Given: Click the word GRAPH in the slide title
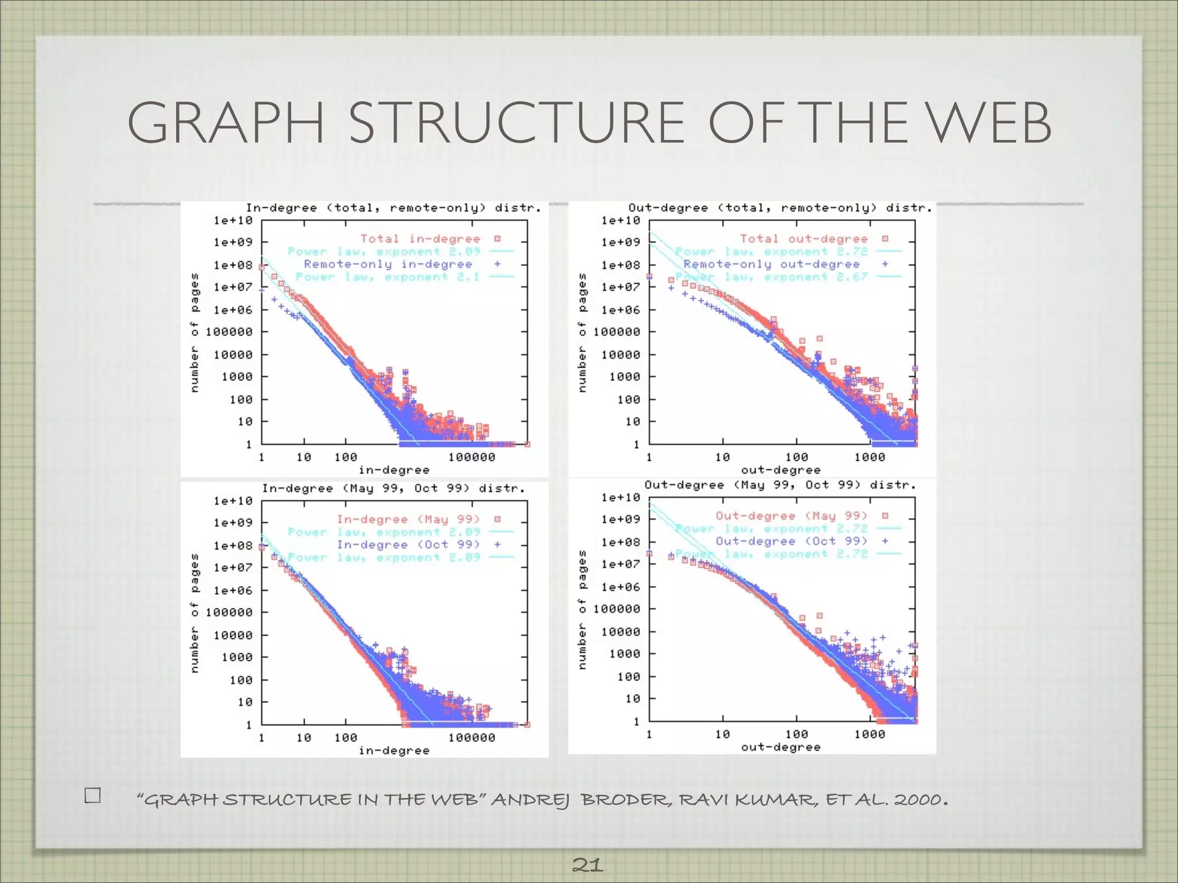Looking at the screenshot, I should point(226,123).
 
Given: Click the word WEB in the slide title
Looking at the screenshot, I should point(990,123).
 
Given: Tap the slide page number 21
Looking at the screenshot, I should point(588,865).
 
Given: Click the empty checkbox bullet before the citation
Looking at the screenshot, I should point(93,796).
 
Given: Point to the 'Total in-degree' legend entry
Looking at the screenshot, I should point(420,239).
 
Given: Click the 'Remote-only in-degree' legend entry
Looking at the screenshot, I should point(388,264).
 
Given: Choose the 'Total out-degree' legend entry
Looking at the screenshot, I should point(804,239).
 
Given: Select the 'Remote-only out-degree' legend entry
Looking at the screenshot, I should point(771,264).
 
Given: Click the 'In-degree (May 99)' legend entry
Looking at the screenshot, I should point(408,520).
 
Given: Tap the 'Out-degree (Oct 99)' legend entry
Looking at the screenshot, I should point(791,542).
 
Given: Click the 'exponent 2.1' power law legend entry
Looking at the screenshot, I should point(387,277).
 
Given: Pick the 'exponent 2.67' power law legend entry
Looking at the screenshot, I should point(771,277).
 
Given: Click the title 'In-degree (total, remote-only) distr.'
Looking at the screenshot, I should point(393,208).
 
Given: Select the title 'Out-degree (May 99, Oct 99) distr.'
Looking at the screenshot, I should point(779,485).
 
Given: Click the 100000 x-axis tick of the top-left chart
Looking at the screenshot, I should point(472,458).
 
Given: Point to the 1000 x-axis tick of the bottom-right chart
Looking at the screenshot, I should point(869,735).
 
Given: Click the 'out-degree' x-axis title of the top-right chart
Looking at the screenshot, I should point(781,470).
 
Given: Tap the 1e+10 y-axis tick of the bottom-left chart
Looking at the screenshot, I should point(233,501).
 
